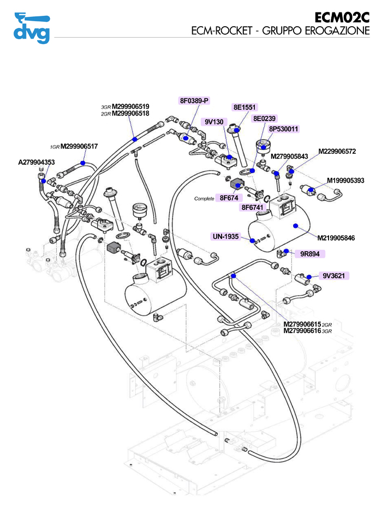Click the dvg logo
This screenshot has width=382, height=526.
coord(31,28)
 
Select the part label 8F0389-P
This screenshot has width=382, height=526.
coord(195,100)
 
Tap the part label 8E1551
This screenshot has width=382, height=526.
coord(244,107)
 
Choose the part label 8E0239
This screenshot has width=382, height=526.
coord(265,118)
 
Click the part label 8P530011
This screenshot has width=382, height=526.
coord(284,129)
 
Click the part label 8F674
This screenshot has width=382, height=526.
coord(230,198)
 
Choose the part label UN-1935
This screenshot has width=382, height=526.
coord(225,237)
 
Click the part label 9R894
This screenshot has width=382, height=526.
coord(309,253)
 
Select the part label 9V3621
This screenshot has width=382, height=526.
coord(333,276)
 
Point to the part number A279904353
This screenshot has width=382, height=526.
coord(37,162)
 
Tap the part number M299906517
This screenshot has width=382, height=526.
coord(79,147)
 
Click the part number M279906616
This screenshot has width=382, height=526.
coord(302,330)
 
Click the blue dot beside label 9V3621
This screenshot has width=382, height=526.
coord(309,277)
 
